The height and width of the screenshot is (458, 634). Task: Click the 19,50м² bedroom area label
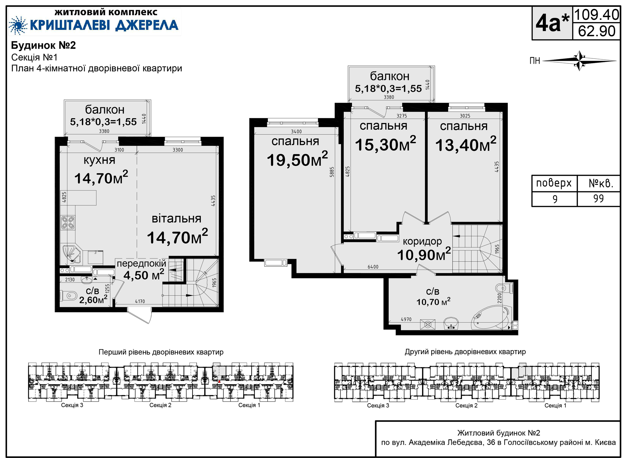tap(297, 159)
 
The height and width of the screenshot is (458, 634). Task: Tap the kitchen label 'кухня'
tap(99, 160)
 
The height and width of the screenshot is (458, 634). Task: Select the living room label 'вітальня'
tap(176, 218)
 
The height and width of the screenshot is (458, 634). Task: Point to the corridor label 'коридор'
tap(422, 242)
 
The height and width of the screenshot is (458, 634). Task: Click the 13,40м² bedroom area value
tap(466, 145)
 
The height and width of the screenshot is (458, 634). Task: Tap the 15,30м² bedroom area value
tap(385, 144)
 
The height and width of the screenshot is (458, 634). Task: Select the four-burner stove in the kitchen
tap(68, 222)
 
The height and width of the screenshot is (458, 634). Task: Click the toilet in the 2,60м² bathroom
tap(69, 296)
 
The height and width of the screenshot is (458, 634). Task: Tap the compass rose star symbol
tap(580, 61)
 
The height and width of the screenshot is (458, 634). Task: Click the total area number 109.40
tap(596, 15)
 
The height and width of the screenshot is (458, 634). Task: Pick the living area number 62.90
tap(597, 31)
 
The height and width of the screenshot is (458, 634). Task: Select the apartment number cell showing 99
tap(598, 199)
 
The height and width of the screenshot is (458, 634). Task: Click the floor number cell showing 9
tap(555, 199)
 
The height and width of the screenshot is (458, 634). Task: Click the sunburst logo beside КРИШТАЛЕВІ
tap(18, 25)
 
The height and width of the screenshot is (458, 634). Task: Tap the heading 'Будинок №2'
tap(44, 45)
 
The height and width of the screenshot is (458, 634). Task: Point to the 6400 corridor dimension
tap(373, 267)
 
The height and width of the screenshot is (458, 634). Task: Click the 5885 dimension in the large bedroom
tap(332, 172)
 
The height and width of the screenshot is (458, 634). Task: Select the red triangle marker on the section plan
tap(219, 381)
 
